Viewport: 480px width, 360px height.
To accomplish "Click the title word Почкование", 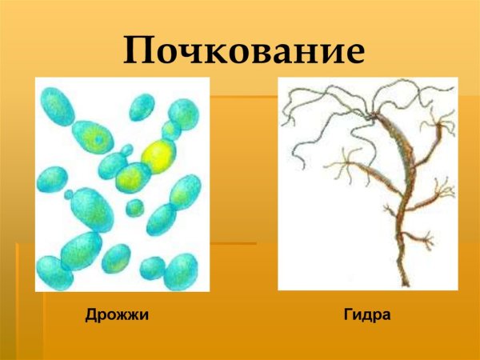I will point(244,51).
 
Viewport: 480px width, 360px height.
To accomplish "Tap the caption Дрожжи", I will point(118,315).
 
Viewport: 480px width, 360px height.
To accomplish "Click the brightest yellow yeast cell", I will point(158,154).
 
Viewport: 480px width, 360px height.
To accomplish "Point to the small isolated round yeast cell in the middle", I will point(134,208).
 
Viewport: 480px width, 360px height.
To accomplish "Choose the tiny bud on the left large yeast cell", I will point(69,194).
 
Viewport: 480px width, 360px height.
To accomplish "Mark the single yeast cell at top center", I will point(142,106).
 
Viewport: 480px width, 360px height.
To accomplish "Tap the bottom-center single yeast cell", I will point(116,258).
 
